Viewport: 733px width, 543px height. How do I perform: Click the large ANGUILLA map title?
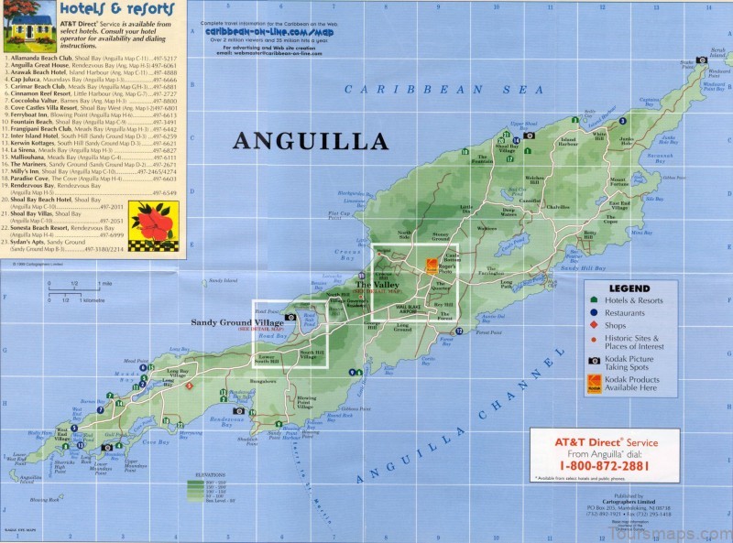[x=310, y=141]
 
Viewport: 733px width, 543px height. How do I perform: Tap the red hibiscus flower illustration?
[x=152, y=223]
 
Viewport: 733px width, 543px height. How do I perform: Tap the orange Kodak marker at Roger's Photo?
[x=432, y=266]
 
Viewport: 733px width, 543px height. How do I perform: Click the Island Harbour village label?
[x=568, y=144]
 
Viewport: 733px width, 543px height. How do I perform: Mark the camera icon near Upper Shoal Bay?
[x=529, y=136]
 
